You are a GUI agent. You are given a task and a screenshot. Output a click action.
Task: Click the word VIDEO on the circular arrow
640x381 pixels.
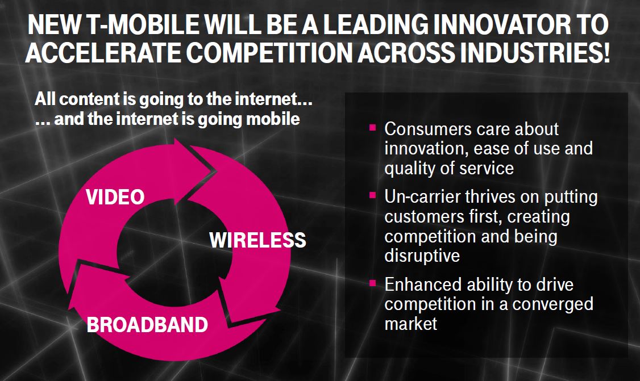(x=115, y=197)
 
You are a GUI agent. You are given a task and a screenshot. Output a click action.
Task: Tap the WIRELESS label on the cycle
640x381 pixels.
(x=257, y=240)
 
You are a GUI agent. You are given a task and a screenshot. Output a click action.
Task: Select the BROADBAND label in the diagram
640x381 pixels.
(x=147, y=325)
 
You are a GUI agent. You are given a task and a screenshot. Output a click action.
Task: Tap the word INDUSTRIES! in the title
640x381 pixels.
(x=533, y=52)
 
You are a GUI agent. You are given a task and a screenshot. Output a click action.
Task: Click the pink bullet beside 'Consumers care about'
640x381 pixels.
(x=372, y=128)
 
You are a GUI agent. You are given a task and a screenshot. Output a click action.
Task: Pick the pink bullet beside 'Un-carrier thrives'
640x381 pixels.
(x=372, y=195)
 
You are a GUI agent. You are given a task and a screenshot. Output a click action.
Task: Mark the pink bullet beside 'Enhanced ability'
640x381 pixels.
(x=372, y=283)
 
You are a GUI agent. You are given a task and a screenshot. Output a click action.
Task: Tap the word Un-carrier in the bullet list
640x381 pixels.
(x=422, y=197)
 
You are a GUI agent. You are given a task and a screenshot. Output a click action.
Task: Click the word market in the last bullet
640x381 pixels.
(x=410, y=324)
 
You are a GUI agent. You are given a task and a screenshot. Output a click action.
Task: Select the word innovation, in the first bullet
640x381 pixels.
(x=426, y=149)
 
